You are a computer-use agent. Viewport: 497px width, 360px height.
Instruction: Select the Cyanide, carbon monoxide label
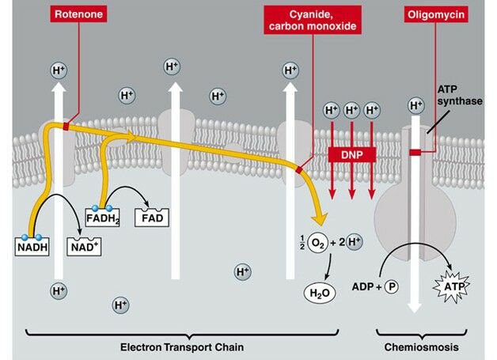pos(313,18)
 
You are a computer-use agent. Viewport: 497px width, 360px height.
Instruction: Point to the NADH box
pos(31,246)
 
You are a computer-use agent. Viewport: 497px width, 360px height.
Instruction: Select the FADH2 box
pos(101,215)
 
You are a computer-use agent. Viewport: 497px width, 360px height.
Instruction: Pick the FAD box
pos(153,215)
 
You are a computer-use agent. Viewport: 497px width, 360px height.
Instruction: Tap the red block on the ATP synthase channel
pos(415,152)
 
